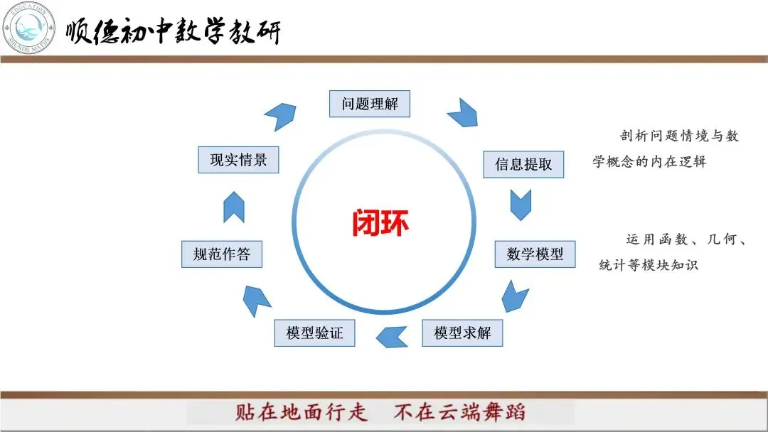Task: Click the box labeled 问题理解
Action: tap(370, 104)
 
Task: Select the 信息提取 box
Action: tap(523, 164)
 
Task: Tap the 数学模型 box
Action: tap(535, 254)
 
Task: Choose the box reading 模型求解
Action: tap(462, 333)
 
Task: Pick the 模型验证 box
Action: tap(314, 333)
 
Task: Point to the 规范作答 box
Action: tap(222, 254)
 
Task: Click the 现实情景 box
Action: tap(238, 160)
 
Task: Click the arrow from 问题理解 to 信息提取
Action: tap(464, 112)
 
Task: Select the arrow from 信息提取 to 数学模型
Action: tap(521, 205)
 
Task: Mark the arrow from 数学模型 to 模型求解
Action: tap(514, 296)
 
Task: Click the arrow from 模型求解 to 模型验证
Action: tap(392, 336)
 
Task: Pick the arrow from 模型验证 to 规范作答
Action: tap(256, 300)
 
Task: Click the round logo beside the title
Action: tap(28, 28)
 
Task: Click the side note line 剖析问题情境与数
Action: tap(679, 136)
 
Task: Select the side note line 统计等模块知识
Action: tap(649, 265)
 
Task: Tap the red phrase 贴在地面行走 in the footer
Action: tap(302, 412)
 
